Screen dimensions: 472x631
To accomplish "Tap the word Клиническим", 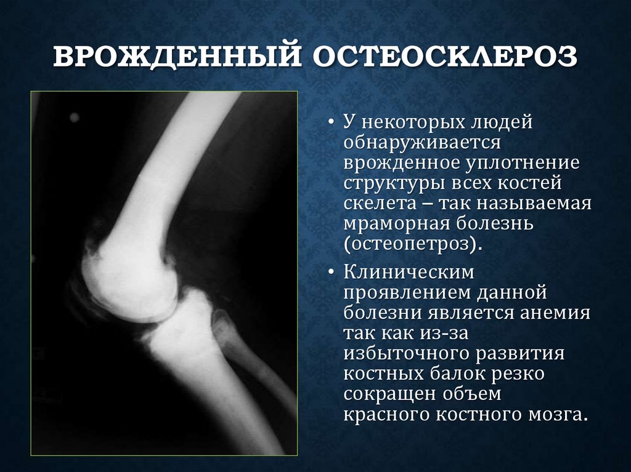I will (409, 271).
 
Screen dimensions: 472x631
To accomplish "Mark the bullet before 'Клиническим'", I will (331, 271).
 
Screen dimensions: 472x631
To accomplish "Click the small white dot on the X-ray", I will (75, 116).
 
